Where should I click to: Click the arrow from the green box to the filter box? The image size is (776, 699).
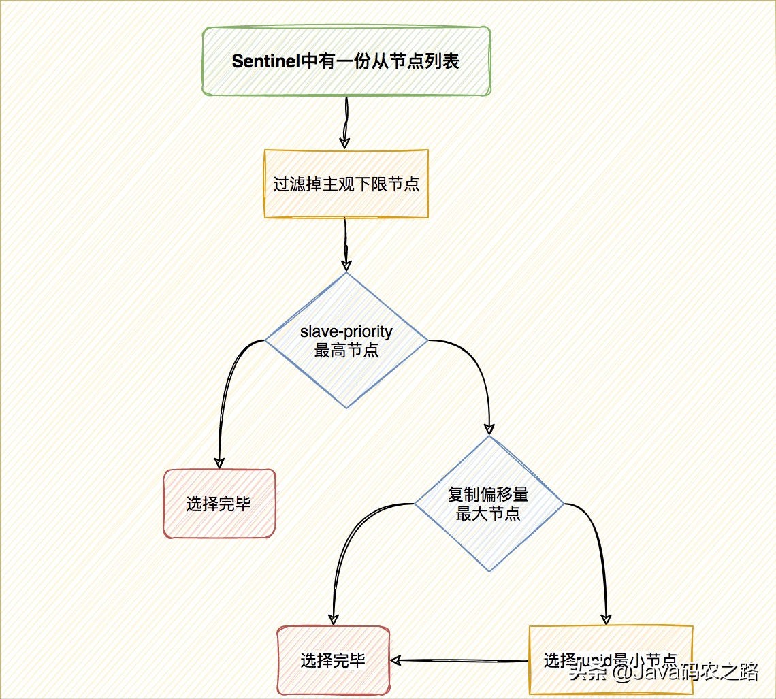346,123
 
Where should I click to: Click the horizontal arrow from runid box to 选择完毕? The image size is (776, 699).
459,660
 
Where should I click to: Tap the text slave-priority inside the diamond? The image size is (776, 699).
346,332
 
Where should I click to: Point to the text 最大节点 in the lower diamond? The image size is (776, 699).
488,513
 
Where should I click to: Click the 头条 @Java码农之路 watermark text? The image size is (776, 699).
664,672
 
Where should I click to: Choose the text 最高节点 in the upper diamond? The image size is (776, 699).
346,351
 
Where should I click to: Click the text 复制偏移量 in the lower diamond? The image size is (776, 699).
488,494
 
